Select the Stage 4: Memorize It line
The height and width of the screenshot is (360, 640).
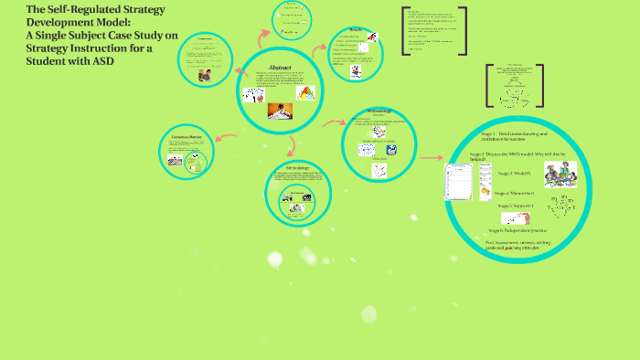coord(515,193)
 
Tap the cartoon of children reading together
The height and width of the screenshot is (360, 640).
coord(561,173)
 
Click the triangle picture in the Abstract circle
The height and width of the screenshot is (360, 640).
coord(304,92)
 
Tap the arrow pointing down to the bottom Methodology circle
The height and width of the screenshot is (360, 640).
coord(291,144)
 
